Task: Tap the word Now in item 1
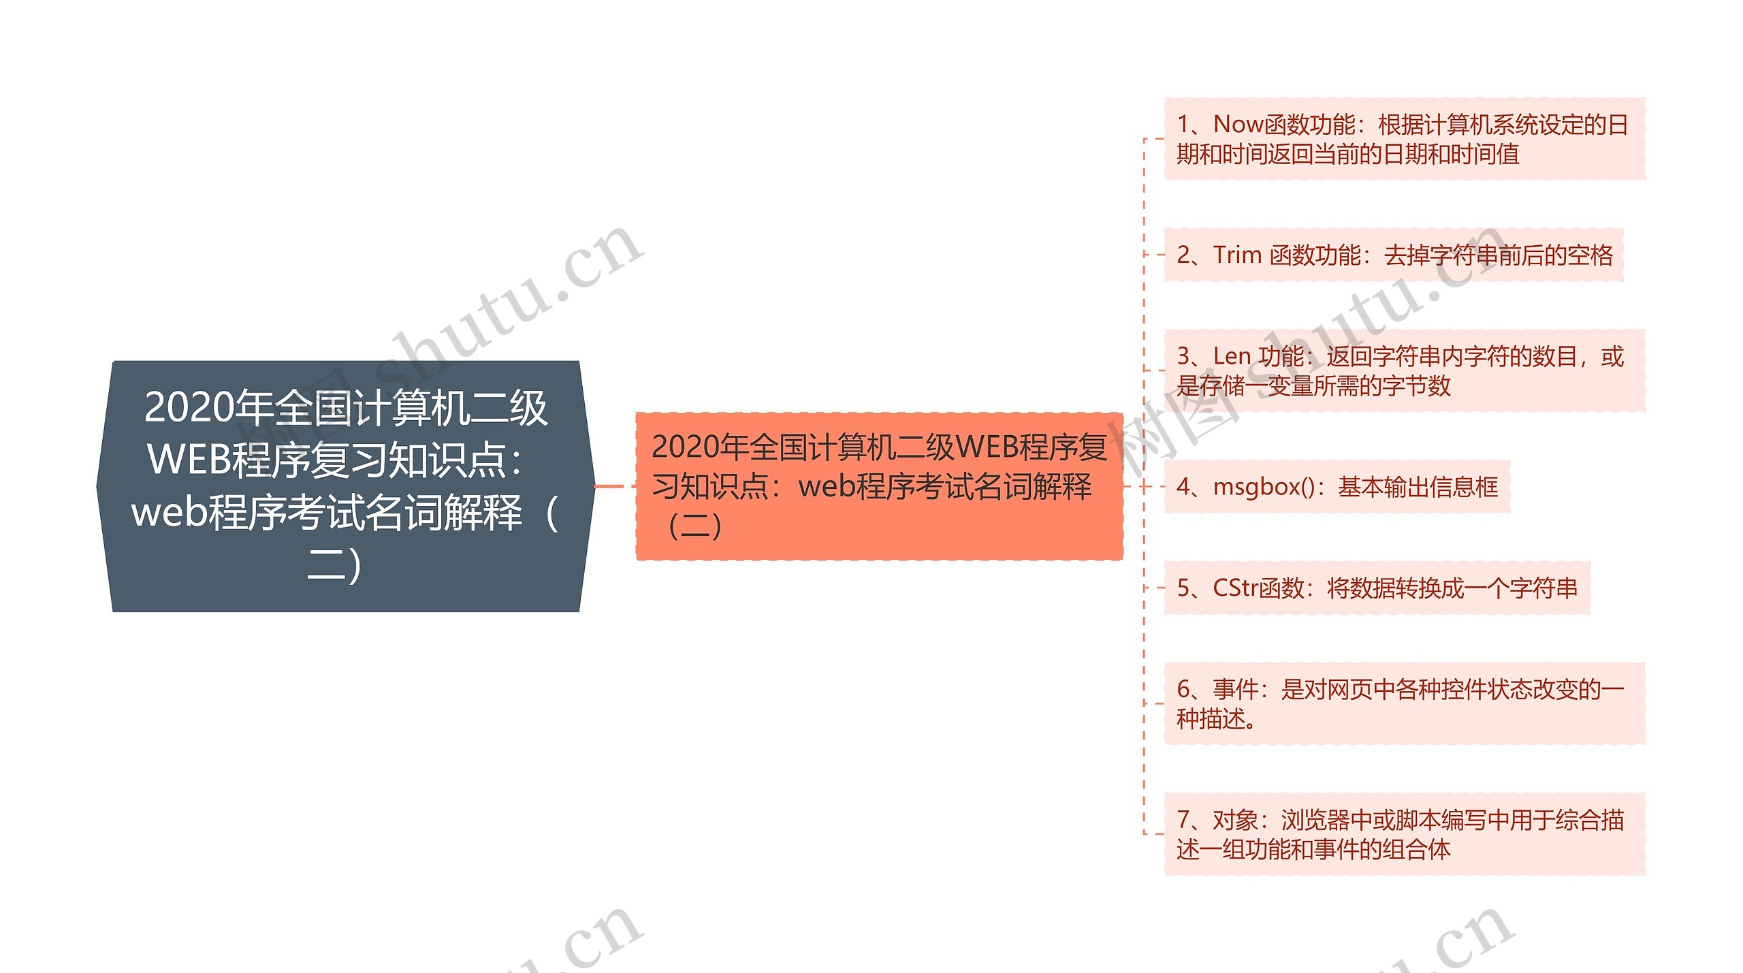pos(1238,125)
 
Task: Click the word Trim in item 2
pos(1237,255)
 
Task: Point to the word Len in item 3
pos(1232,356)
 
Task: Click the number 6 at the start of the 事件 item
pos(1183,690)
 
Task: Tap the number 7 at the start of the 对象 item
pos(1183,820)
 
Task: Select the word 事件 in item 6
pos(1235,690)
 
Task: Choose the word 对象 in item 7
pos(1235,820)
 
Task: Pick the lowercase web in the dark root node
pos(167,512)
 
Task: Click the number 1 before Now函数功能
pos(1183,125)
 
